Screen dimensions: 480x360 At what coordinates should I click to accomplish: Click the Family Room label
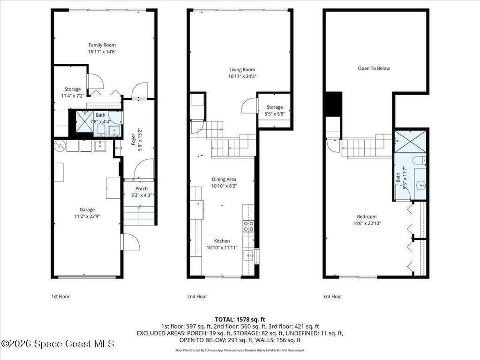(102, 45)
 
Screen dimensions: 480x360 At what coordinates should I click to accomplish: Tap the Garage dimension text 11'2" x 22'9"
(87, 217)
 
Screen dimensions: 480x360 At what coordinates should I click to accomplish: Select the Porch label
(142, 188)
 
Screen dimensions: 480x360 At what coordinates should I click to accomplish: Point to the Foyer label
(133, 140)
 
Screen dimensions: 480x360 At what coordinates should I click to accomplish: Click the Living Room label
(242, 69)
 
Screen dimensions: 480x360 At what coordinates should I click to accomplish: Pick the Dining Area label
(224, 180)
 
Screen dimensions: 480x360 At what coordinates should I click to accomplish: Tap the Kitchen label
(222, 241)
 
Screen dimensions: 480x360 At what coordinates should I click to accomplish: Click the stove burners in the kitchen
(248, 226)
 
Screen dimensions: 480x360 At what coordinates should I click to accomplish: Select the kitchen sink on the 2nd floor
(248, 255)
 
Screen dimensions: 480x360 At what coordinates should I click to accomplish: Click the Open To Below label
(374, 68)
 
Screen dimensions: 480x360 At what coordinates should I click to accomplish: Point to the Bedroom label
(367, 217)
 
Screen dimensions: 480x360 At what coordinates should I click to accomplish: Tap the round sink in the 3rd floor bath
(421, 185)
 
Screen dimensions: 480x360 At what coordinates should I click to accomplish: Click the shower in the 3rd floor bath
(410, 142)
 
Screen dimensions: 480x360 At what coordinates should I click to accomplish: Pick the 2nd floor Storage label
(275, 107)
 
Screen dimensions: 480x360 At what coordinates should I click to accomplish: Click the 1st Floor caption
(60, 296)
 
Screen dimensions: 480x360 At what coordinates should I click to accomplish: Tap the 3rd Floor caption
(332, 296)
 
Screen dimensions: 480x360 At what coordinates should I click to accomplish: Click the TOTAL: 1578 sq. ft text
(240, 320)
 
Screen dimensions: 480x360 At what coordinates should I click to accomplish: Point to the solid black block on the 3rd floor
(333, 104)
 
